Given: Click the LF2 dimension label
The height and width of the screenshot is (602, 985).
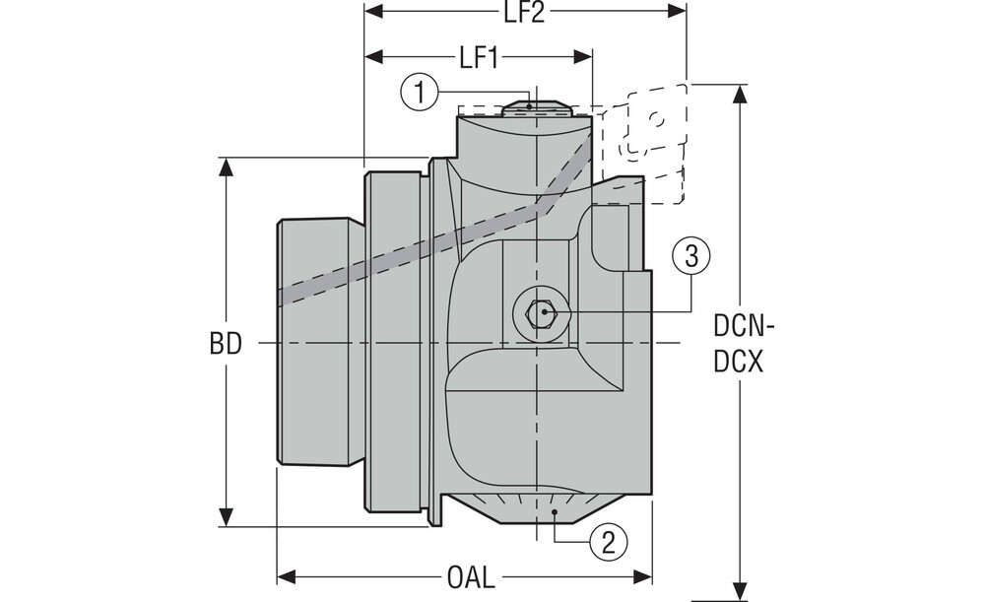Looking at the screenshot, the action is [x=524, y=13].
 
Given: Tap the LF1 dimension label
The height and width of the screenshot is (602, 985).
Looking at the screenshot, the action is [x=479, y=58].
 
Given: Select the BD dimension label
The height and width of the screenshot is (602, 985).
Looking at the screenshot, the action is [x=226, y=344].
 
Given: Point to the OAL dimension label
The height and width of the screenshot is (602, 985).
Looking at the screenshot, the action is [x=471, y=577].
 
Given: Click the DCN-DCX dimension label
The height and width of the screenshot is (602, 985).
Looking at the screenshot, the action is [x=744, y=344].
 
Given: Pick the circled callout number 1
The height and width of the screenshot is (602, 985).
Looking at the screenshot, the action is [x=420, y=93].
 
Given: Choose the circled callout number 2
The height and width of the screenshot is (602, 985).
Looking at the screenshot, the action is [x=609, y=542].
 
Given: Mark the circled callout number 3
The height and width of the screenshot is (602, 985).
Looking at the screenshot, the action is [x=691, y=256].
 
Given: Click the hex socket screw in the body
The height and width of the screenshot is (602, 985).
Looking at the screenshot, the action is [x=540, y=311].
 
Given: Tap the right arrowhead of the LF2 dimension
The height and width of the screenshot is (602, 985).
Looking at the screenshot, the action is [x=678, y=11].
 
